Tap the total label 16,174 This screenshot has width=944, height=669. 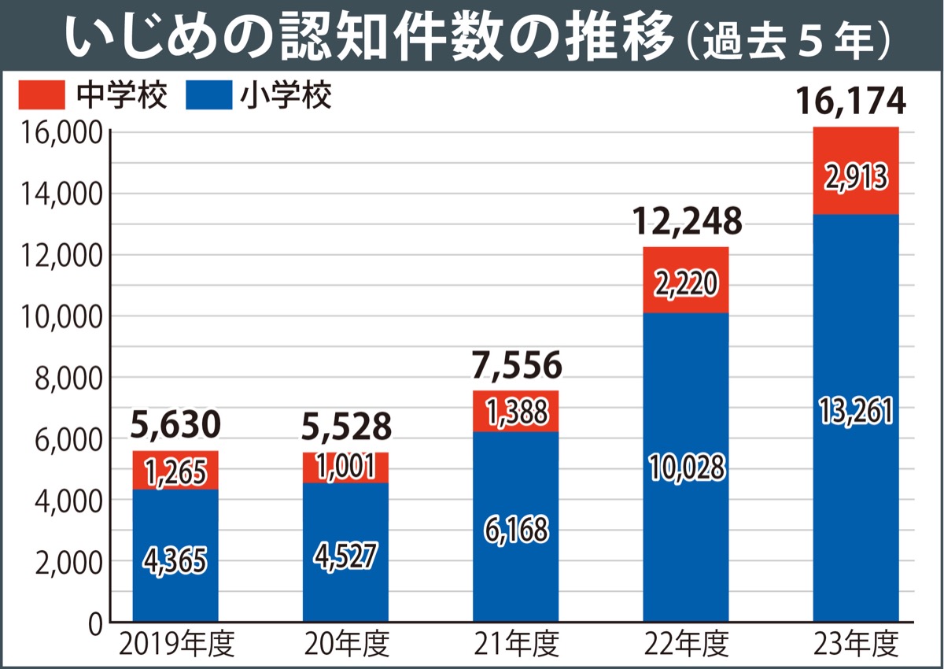point(850,102)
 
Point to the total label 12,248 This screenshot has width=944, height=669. point(688,223)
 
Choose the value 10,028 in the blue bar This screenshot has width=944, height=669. point(686,468)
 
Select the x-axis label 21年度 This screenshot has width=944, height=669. point(516,645)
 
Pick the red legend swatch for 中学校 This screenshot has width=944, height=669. point(41,96)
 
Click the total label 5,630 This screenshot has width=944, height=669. point(175,427)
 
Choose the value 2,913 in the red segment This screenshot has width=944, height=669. point(856,178)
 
